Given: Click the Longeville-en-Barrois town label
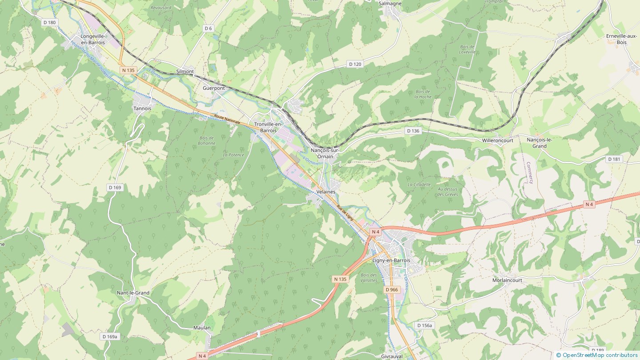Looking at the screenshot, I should [93, 39].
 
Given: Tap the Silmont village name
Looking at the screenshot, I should [185, 72].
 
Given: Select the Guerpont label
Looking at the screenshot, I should [214, 88].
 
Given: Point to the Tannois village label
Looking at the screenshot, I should [142, 108].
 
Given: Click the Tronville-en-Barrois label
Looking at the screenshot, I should [268, 127].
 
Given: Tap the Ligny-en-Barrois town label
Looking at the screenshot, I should [392, 260].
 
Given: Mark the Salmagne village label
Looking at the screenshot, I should [390, 4].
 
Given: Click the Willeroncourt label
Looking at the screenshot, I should [498, 140].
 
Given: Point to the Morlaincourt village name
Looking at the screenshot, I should [508, 280].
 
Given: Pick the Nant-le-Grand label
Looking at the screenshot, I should [133, 293].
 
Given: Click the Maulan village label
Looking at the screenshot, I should [202, 328].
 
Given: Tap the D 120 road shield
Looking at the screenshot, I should [355, 64].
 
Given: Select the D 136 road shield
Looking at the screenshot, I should [413, 131].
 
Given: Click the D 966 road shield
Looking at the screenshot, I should [392, 290].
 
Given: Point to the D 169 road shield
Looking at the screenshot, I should [115, 188].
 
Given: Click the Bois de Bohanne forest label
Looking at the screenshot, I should [207, 140].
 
